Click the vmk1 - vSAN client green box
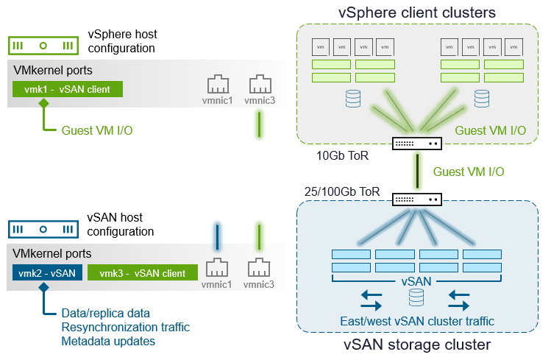pyautogui.click(x=67, y=89)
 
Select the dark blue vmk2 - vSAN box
pyautogui.click(x=43, y=273)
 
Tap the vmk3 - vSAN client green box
pyautogui.click(x=143, y=273)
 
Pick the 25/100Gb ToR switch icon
pyautogui.click(x=416, y=199)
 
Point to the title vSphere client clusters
pyautogui.click(x=416, y=13)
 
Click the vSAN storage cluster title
pyautogui.click(x=416, y=345)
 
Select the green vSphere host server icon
pyautogui.click(x=43, y=45)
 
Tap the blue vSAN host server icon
pyautogui.click(x=43, y=228)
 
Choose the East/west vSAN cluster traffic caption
pyautogui.click(x=416, y=321)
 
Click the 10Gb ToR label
pyautogui.click(x=342, y=156)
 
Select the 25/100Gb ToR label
pyautogui.click(x=341, y=191)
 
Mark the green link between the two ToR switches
pyautogui.click(x=416, y=171)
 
